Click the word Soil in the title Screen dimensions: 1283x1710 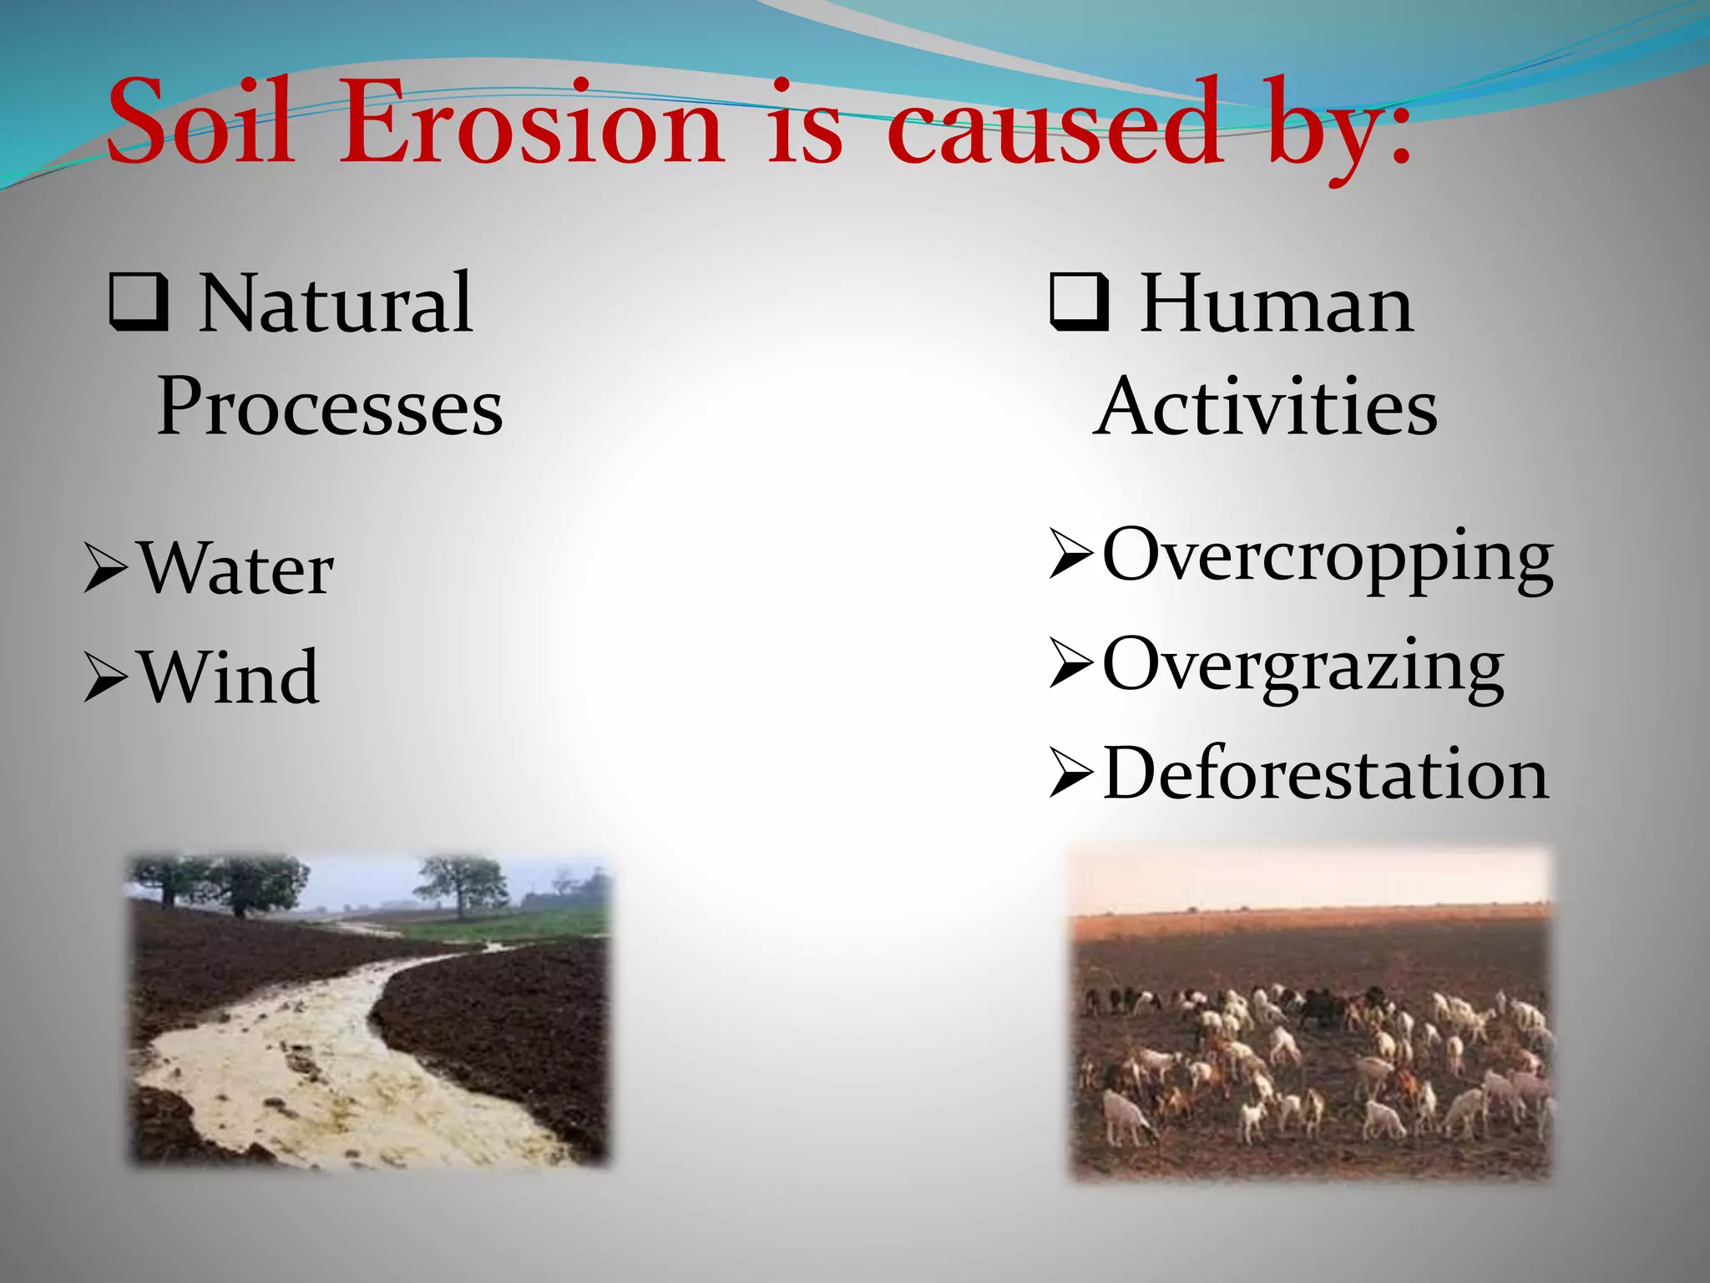(200, 124)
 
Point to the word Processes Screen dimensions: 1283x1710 (330, 407)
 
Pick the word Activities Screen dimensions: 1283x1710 (1265, 407)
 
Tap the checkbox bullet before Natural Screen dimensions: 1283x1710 (138, 302)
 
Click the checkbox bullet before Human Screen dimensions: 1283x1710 (1080, 302)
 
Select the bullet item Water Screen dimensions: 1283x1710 (235, 570)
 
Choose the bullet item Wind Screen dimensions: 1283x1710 (228, 677)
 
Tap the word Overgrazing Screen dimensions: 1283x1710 (1303, 667)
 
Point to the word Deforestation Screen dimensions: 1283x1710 (1325, 774)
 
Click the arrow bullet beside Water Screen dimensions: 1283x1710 (106, 571)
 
